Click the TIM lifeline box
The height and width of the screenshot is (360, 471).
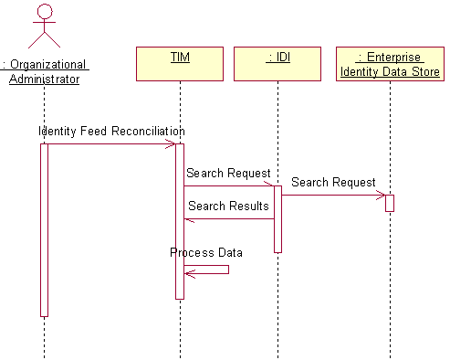[x=180, y=65]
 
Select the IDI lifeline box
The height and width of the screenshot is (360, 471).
[x=277, y=65]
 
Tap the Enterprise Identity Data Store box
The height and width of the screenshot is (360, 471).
[x=390, y=65]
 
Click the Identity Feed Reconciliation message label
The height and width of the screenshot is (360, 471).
[x=111, y=132]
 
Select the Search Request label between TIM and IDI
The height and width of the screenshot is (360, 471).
[x=228, y=174]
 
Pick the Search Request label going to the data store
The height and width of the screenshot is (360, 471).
[x=333, y=183]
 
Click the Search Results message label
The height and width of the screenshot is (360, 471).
[x=228, y=206]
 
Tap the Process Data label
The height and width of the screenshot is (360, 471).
[x=206, y=253]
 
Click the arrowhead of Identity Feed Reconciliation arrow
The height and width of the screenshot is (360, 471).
[x=171, y=143]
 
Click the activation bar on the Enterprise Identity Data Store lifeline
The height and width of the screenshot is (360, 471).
[x=390, y=203]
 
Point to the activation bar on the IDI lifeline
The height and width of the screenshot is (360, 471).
[x=277, y=219]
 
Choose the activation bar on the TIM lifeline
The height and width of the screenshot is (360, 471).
[x=180, y=219]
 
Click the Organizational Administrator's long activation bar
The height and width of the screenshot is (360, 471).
[x=44, y=228]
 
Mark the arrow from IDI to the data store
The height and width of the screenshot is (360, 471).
[x=333, y=195]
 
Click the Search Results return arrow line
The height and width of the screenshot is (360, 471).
[x=228, y=218]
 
